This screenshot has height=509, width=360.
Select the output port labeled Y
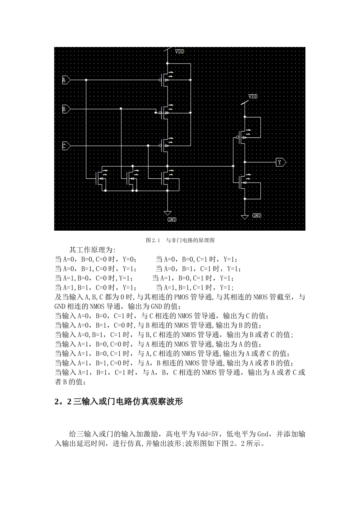(x=281, y=162)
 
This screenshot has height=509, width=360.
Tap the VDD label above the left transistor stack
(x=179, y=51)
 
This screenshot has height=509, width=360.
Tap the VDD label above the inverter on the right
(x=253, y=97)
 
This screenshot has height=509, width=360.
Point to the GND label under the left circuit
(x=172, y=219)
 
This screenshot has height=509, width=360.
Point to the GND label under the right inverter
(x=257, y=215)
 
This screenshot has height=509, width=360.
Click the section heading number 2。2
(x=63, y=402)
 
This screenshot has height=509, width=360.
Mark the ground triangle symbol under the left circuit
(x=167, y=213)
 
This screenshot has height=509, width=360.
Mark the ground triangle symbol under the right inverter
(x=245, y=216)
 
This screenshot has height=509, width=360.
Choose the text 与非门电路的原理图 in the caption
(x=190, y=240)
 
